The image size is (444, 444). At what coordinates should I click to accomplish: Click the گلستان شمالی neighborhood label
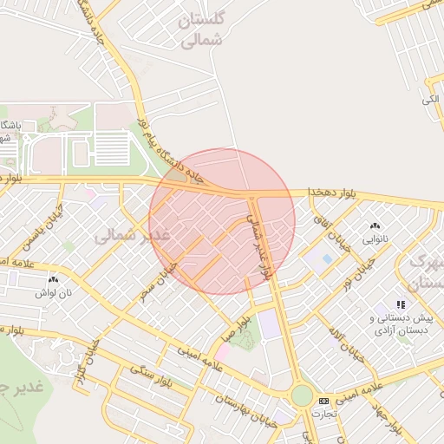pyautogui.click(x=200, y=29)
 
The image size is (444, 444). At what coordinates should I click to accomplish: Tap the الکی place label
pyautogui.click(x=431, y=101)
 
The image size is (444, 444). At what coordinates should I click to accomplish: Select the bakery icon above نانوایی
pyautogui.click(x=375, y=225)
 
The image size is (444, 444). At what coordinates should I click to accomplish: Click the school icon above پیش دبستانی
pyautogui.click(x=401, y=304)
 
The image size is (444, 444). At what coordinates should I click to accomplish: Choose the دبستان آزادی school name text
pyautogui.click(x=400, y=330)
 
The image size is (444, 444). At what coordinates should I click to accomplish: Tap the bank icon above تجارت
pyautogui.click(x=323, y=402)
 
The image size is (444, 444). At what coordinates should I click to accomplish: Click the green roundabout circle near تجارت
pyautogui.click(x=301, y=396)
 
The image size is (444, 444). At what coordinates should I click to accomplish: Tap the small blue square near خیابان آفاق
pyautogui.click(x=326, y=258)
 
